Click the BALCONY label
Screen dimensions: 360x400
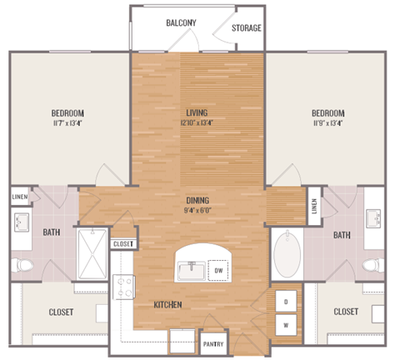point(181,22)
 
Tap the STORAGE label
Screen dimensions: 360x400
point(247,28)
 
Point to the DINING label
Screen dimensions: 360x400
point(197,200)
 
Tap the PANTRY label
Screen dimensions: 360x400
point(212,342)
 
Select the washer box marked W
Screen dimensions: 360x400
point(286,325)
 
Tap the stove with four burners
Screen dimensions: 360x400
point(125,287)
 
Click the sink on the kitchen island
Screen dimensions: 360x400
point(190,270)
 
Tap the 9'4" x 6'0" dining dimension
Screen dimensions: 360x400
point(197,211)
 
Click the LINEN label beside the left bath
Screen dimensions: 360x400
point(20,197)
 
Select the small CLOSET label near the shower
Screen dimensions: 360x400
point(122,243)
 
